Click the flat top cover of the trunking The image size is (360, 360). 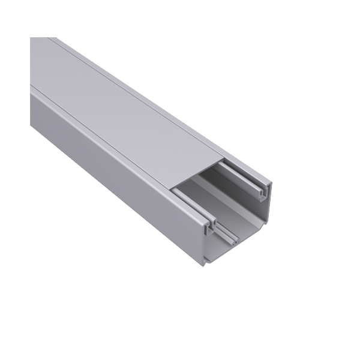120,102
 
